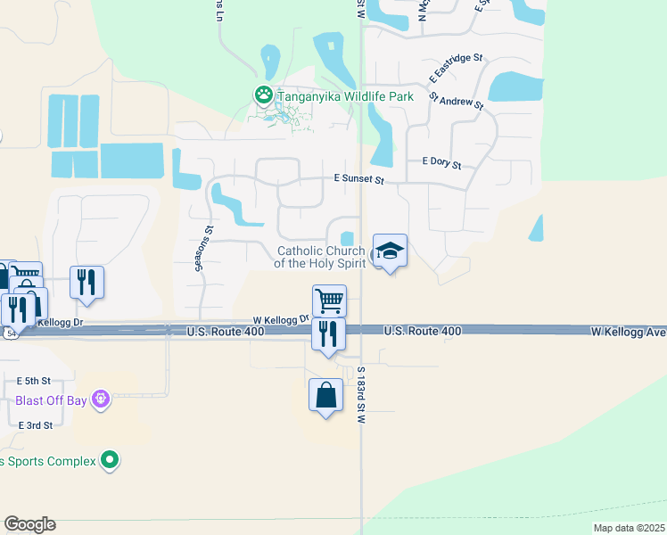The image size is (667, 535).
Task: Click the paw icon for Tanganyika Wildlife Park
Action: pos(263,93)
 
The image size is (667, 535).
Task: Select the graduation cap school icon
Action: pos(390,252)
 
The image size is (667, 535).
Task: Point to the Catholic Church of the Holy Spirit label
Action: pos(321,257)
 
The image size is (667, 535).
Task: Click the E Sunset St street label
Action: pos(358,180)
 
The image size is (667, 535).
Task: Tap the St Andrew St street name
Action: pos(456,100)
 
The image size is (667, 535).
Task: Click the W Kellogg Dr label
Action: pos(280,318)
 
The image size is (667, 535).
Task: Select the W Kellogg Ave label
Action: pos(628,331)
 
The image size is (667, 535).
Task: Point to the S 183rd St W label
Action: pos(361,395)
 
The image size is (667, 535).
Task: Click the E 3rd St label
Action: pos(36,425)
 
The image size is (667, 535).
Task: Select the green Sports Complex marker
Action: pos(111,460)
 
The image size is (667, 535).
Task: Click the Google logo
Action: pos(29,524)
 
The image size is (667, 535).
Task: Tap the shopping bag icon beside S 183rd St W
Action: pos(326,394)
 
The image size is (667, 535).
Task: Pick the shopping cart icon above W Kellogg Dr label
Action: pos(329,300)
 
